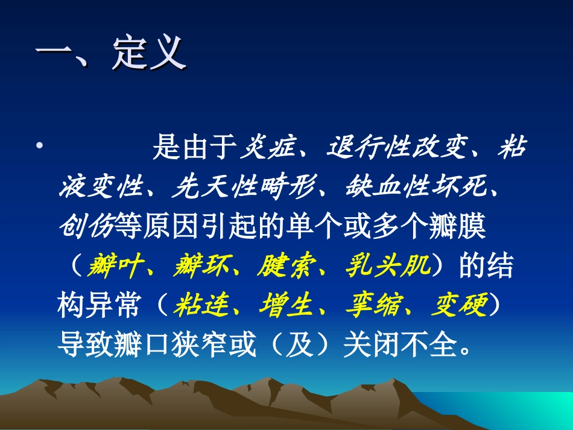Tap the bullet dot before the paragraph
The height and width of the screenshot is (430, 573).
coord(39,147)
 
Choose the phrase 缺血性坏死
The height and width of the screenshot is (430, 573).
coord(416,188)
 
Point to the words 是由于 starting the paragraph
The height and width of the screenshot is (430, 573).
coord(194,148)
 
